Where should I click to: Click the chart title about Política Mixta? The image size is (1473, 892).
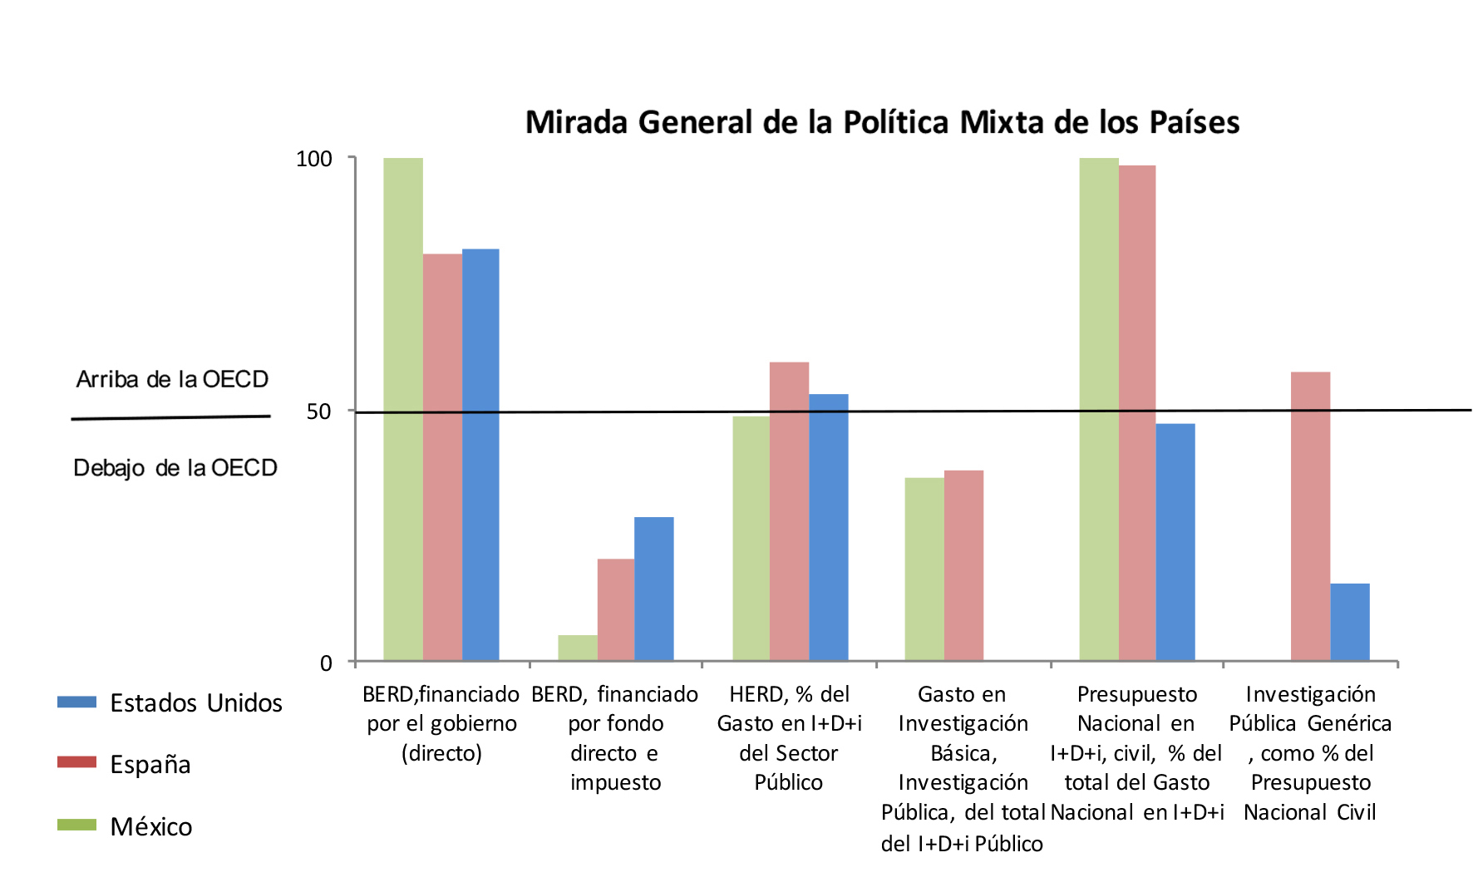882,122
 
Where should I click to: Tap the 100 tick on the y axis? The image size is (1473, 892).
314,159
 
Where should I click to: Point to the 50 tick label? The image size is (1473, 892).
318,412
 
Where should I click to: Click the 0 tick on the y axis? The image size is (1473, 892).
326,663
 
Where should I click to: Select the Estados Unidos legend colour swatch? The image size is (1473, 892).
76,702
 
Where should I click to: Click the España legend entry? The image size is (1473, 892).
150,764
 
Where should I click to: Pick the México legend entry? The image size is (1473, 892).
150,826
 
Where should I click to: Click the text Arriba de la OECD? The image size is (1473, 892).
172,380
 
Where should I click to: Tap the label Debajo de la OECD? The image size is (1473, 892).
175,468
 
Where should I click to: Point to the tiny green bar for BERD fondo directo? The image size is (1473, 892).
578,648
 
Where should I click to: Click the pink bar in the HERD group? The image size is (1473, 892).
789,511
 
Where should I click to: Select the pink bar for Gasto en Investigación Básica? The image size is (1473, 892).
963,565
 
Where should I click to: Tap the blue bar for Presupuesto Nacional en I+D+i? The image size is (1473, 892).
1175,542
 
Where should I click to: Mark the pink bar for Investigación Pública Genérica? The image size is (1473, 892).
1310,516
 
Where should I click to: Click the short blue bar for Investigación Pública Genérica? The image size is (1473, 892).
1349,622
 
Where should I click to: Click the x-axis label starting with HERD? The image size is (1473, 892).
789,738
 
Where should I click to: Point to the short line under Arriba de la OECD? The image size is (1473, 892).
170,417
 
